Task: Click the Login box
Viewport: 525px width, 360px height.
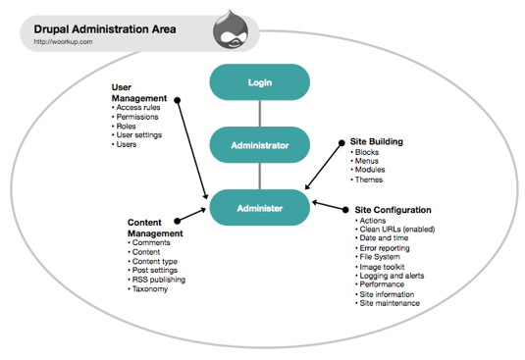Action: (259, 81)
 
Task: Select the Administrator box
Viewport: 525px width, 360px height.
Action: (259, 145)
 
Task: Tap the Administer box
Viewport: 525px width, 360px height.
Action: (259, 208)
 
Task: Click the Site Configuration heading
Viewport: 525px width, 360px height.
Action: (391, 209)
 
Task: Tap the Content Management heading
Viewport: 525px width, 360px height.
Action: (155, 229)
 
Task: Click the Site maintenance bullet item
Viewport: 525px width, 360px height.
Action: (392, 302)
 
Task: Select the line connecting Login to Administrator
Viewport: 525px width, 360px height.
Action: (259, 114)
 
